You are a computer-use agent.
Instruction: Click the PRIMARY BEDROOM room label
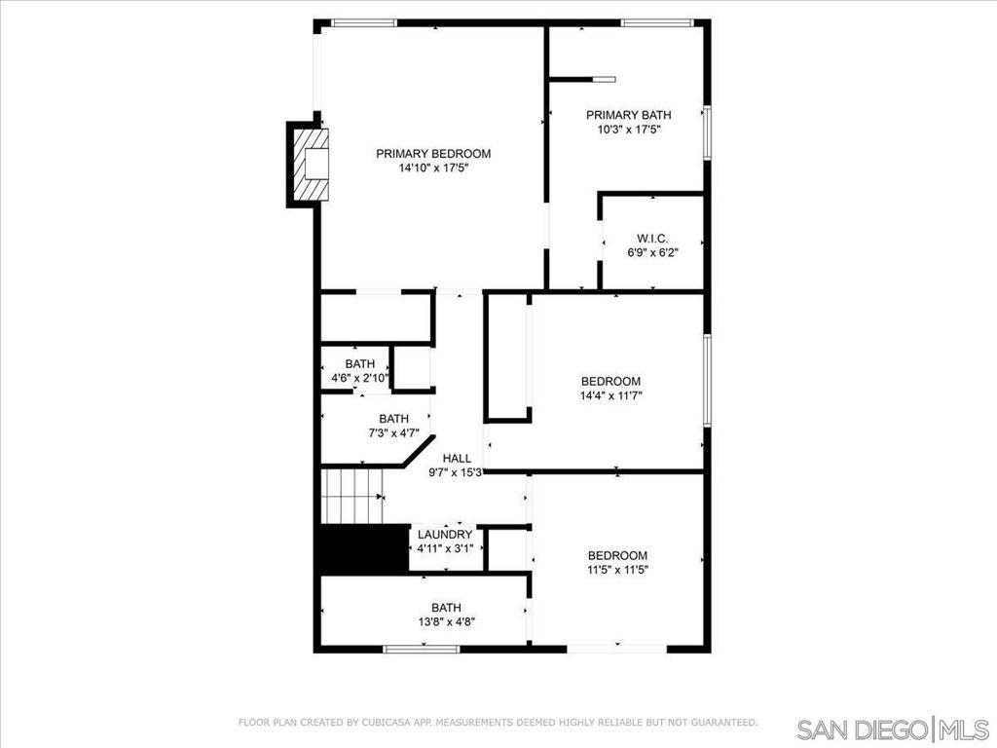tap(433, 154)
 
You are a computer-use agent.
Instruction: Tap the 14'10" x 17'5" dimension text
tap(433, 168)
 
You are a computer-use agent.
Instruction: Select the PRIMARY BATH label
tap(628, 115)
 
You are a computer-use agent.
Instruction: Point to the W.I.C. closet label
tap(652, 239)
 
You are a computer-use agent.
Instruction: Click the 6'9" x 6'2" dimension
tap(652, 253)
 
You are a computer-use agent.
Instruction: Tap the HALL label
tap(457, 459)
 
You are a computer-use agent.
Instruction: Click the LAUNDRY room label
tap(445, 535)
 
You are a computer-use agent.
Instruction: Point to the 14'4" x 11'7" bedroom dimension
tap(610, 396)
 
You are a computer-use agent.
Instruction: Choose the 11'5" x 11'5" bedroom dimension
tap(617, 571)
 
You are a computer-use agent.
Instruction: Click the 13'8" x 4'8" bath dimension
tap(446, 621)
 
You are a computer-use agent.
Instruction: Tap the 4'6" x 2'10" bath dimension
tap(359, 378)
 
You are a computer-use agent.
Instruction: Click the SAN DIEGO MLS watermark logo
tap(892, 729)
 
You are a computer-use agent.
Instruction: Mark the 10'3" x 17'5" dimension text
tap(628, 130)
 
